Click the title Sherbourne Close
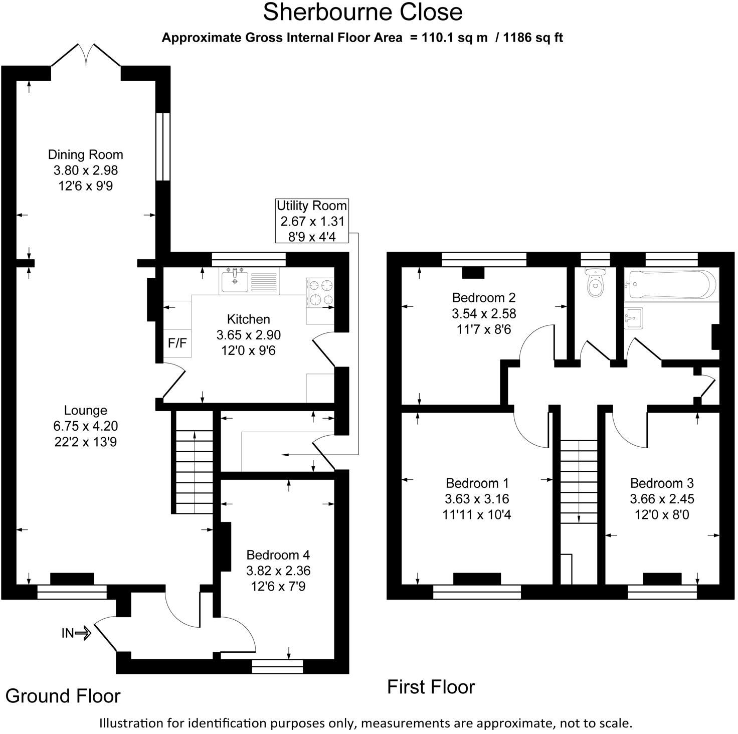click(362, 12)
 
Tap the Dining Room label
click(85, 154)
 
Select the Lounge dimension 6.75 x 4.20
click(85, 426)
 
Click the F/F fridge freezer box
click(177, 343)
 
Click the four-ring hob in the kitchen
click(320, 292)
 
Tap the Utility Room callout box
click(312, 221)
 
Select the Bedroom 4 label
click(278, 555)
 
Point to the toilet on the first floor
click(595, 284)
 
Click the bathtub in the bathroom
click(671, 285)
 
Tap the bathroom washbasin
click(634, 318)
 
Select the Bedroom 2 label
click(483, 297)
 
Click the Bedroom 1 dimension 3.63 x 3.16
click(477, 499)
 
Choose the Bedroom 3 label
click(662, 483)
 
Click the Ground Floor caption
click(63, 696)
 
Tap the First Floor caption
click(431, 686)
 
